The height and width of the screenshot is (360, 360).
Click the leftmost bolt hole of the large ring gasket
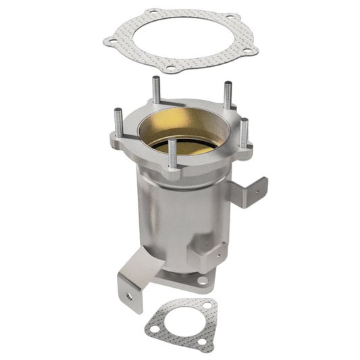tap(109, 42)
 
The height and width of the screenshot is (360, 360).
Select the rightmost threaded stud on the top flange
tap(245, 132)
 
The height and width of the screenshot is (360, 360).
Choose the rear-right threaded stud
tap(228, 95)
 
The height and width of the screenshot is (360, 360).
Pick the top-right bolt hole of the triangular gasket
tap(203, 305)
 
